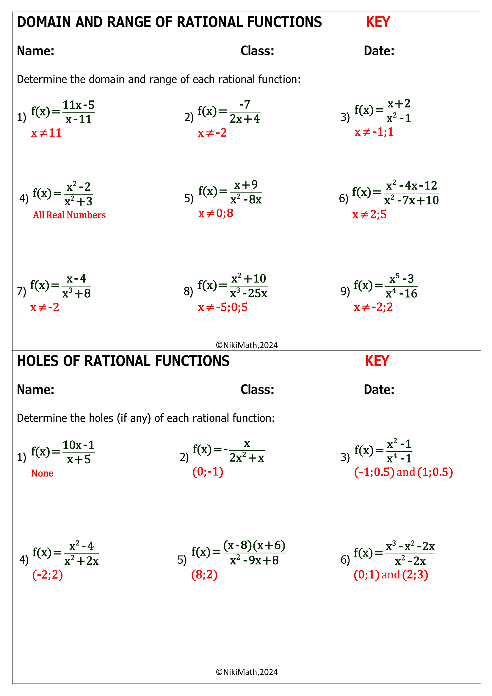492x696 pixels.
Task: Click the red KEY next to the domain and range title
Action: tap(378, 22)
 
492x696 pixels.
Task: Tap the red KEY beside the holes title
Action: tap(377, 361)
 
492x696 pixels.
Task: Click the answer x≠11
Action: tap(46, 133)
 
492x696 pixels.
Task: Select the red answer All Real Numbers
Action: tap(69, 215)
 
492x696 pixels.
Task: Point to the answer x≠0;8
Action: tap(216, 213)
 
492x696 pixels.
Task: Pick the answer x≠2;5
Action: tap(369, 215)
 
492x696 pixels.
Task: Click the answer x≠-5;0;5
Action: tap(223, 307)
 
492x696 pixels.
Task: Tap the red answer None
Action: tap(42, 473)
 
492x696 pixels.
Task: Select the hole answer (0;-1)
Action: tap(208, 472)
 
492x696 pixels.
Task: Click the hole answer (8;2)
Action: tap(204, 575)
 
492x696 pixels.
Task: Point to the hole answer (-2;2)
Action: tap(48, 575)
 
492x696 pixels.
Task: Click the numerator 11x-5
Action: tap(79, 105)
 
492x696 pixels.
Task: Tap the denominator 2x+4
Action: tap(245, 119)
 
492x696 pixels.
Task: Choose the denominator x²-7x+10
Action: tap(411, 200)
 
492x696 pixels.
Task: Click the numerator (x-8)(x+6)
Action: tap(254, 545)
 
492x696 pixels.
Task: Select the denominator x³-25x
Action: tap(248, 293)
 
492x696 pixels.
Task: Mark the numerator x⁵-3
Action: tap(401, 278)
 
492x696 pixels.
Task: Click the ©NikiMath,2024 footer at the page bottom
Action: tap(247, 672)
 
